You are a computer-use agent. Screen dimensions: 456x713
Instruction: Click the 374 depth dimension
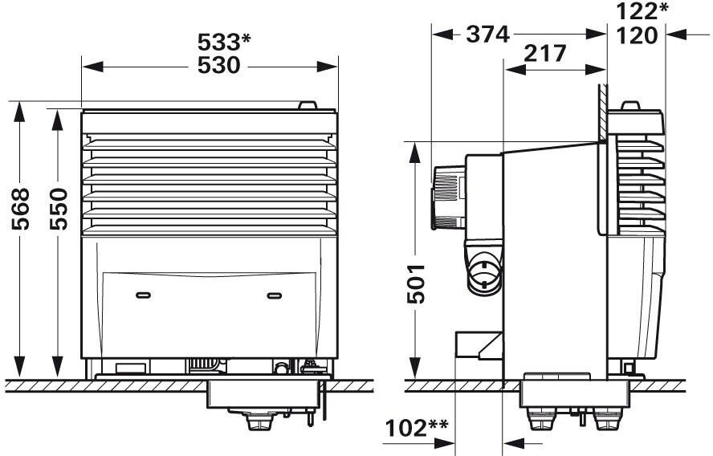coord(487,35)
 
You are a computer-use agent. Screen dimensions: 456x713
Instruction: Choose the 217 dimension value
coord(545,55)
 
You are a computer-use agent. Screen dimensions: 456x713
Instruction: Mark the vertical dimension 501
coord(414,286)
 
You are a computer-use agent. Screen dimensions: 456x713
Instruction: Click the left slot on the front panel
coord(144,295)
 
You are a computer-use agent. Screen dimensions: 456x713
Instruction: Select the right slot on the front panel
coord(275,295)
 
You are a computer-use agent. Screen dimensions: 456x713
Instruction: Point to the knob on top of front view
coord(307,105)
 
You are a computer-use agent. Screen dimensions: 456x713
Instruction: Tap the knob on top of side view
coord(630,105)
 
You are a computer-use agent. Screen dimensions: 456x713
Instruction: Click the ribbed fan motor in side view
coord(447,197)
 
